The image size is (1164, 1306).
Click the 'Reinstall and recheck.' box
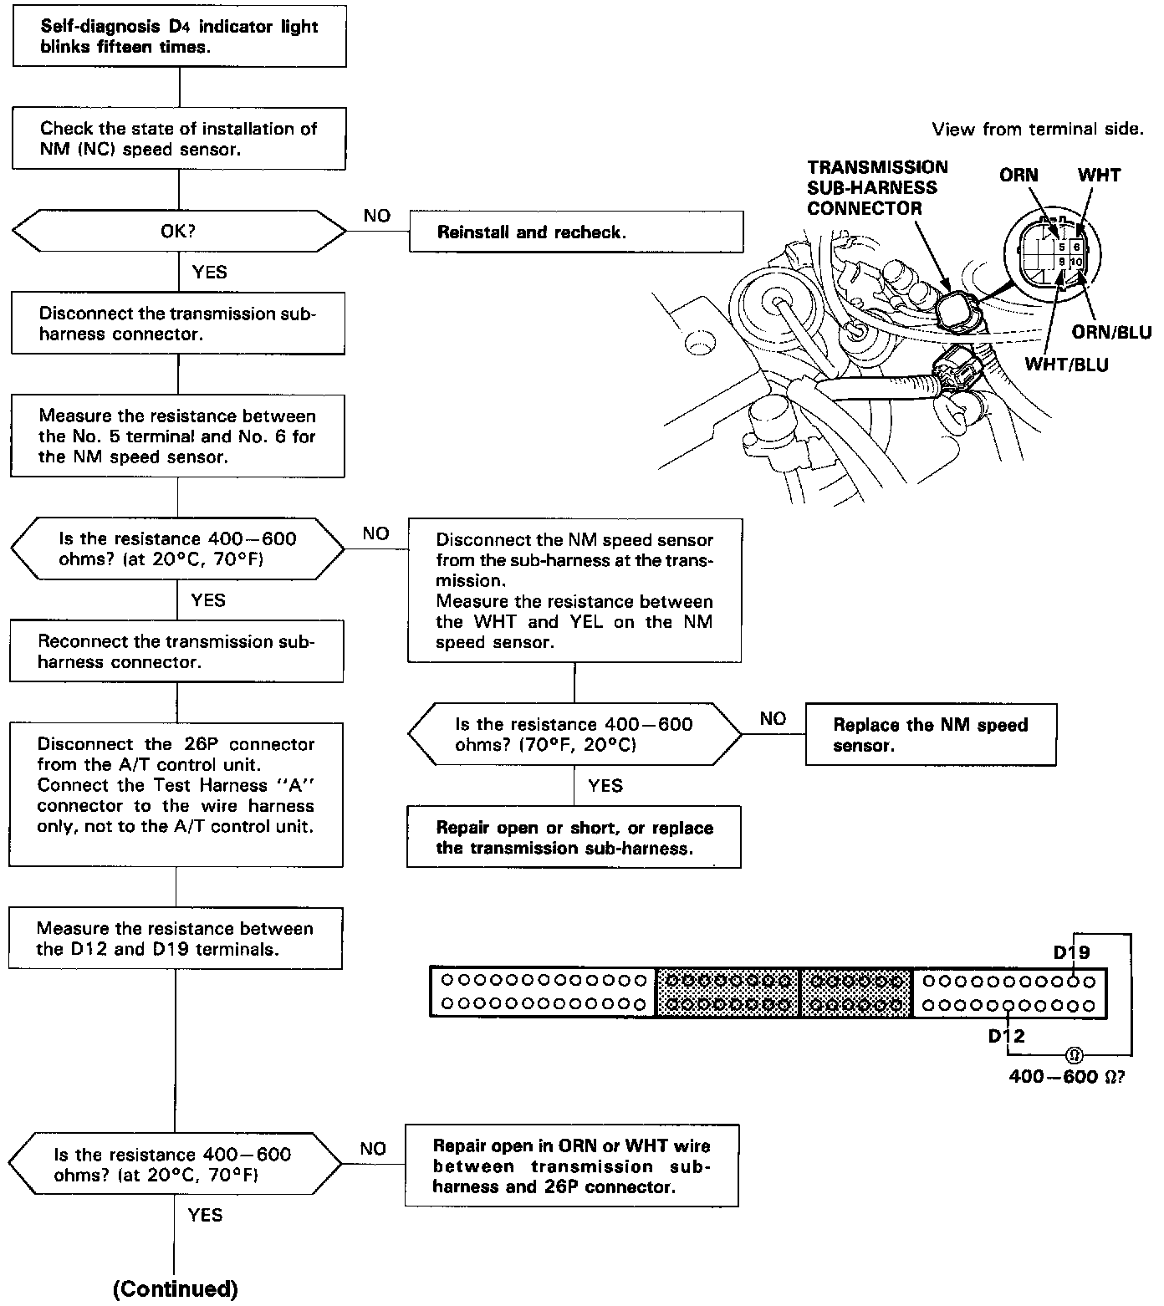(x=575, y=232)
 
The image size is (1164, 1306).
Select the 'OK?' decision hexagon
(x=178, y=232)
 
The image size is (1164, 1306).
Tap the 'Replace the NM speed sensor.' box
(x=930, y=735)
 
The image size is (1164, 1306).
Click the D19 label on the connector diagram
(x=1071, y=952)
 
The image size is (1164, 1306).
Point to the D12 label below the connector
(x=1006, y=1037)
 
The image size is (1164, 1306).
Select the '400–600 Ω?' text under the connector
(x=1066, y=1077)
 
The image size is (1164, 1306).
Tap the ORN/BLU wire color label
(x=1111, y=333)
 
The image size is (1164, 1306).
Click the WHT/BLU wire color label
(x=1066, y=365)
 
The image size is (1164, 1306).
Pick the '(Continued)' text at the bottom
(x=176, y=1288)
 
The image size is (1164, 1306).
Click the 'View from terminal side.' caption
(x=1037, y=129)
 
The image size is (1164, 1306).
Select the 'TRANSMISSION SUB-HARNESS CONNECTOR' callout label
(x=877, y=187)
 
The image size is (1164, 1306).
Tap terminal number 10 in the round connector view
(x=1076, y=263)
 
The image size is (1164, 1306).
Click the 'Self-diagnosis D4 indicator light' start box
(x=180, y=37)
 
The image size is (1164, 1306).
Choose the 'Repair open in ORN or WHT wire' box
(x=572, y=1166)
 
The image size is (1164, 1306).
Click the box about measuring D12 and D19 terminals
(x=176, y=938)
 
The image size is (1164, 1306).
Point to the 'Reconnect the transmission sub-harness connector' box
(x=176, y=651)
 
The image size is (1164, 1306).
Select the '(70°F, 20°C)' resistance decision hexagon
(x=574, y=734)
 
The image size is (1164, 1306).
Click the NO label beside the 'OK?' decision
(x=377, y=216)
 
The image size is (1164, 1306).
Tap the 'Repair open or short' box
(x=574, y=837)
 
